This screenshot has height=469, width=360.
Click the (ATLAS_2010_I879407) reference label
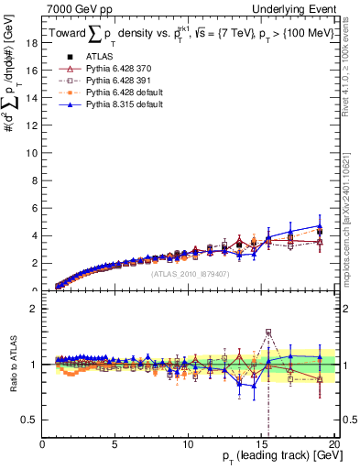tap(190, 274)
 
